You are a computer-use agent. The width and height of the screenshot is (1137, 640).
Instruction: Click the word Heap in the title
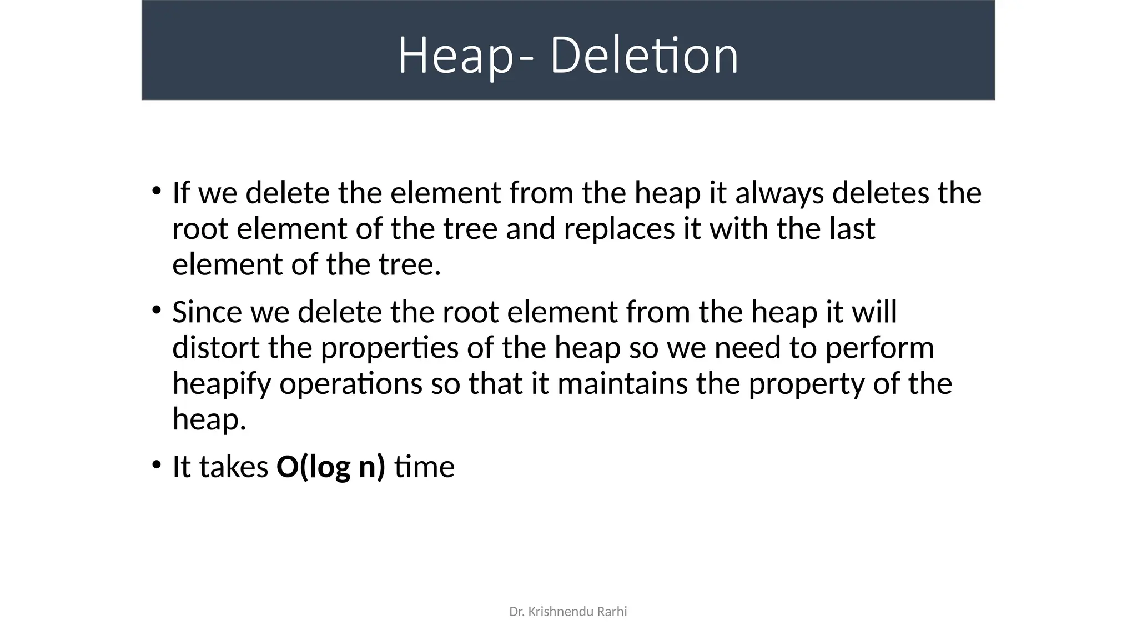pos(454,56)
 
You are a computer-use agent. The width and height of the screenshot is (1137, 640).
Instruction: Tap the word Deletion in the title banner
pos(644,56)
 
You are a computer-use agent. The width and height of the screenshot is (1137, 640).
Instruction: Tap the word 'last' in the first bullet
pos(852,229)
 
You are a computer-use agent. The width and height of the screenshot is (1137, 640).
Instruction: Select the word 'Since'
pos(207,312)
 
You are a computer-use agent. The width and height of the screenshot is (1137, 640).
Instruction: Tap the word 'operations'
pos(351,384)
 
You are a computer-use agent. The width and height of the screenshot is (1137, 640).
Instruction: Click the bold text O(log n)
pos(330,467)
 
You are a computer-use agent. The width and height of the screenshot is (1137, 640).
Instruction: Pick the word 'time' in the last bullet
pos(424,467)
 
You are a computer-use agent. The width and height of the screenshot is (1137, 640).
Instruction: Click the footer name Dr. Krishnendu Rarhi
pos(568,612)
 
